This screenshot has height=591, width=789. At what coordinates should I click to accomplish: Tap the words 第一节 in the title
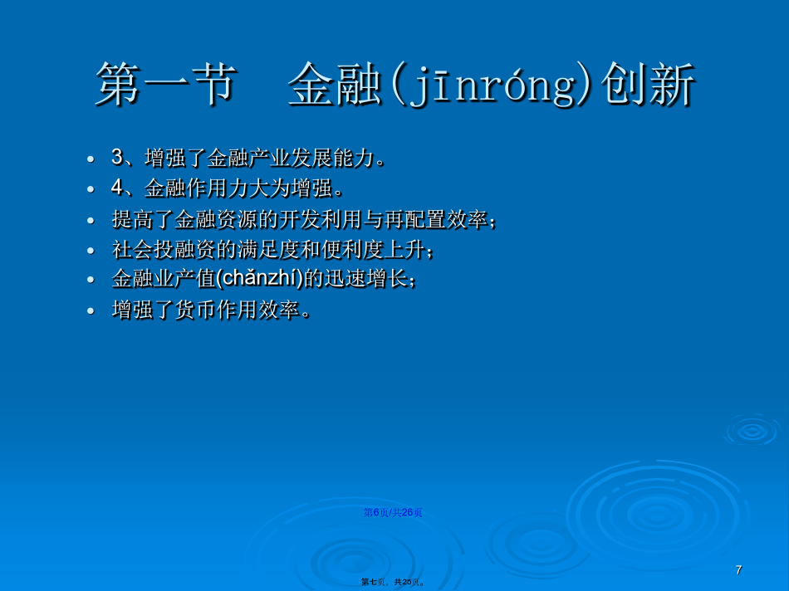coord(166,84)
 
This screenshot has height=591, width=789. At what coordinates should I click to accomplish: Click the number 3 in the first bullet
coord(117,157)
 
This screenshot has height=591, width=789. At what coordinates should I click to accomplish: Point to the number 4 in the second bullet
coord(117,188)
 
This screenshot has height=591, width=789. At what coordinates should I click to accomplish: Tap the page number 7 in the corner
coord(738,570)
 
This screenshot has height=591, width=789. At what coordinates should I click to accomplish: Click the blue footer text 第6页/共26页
coord(393,512)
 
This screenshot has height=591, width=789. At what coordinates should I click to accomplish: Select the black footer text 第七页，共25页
coord(393,582)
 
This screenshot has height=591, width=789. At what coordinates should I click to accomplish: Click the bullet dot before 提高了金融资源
coord(91,220)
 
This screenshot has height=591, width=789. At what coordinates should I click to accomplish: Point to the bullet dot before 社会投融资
coord(91,251)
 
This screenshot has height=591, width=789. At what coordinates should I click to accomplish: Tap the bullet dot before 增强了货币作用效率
coord(91,310)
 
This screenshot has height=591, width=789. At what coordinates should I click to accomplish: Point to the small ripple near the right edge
coord(752,431)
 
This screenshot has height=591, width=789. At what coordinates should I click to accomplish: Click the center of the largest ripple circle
coord(657,514)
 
